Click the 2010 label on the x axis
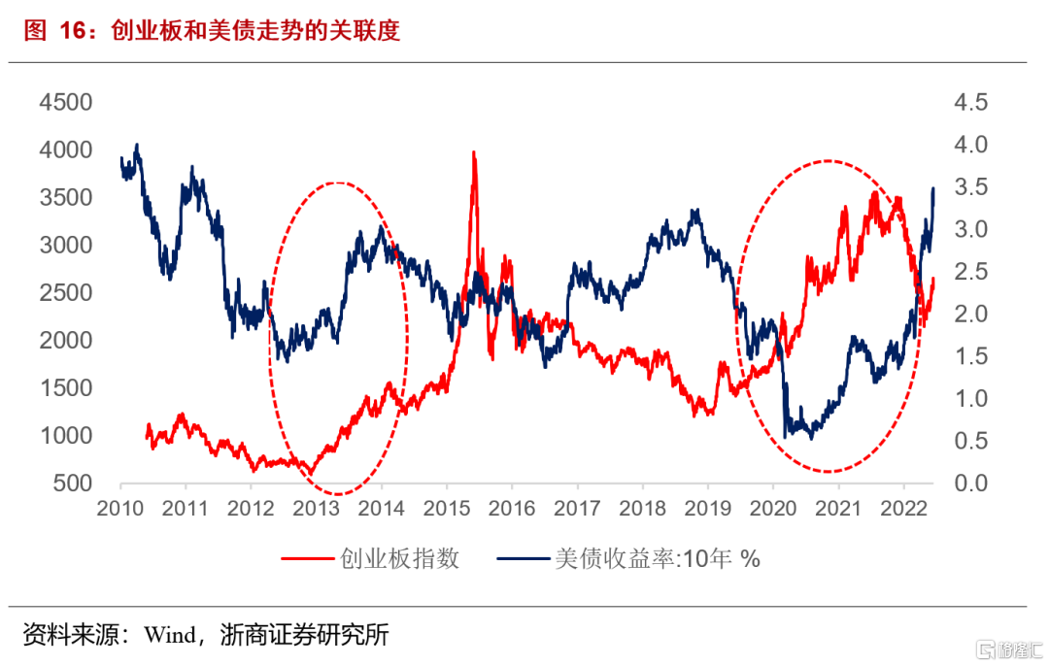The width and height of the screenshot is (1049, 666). [120, 509]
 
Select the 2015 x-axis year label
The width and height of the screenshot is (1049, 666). [447, 509]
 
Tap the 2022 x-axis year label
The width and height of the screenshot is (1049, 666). [903, 509]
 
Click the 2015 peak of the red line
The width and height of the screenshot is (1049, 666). [473, 152]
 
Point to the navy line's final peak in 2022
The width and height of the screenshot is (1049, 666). [933, 188]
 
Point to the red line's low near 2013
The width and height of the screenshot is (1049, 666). [312, 474]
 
